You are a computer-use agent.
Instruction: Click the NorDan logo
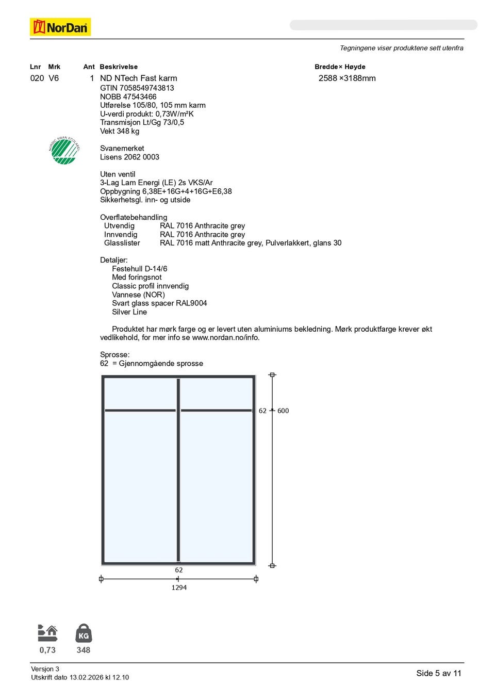[x=60, y=27]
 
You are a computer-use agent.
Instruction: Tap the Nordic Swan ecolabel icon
[x=64, y=151]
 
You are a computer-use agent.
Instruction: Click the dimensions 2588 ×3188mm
[x=347, y=78]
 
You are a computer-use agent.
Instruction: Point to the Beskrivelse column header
[x=119, y=67]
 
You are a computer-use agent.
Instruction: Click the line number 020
[x=37, y=78]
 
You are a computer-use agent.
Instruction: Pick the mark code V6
[x=54, y=78]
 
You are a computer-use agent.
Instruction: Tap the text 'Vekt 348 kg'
[x=120, y=131]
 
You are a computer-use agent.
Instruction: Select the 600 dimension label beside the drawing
[x=283, y=411]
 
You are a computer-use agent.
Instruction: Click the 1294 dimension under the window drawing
[x=179, y=588]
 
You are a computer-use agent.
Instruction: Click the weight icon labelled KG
[x=84, y=633]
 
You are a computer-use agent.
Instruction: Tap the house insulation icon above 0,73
[x=47, y=633]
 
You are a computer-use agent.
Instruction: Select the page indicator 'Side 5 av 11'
[x=439, y=673]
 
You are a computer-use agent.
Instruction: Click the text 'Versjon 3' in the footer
[x=45, y=669]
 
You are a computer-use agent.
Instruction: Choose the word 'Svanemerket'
[x=122, y=149]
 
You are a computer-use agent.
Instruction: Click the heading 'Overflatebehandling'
[x=134, y=217]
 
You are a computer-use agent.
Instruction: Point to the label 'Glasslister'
[x=122, y=243]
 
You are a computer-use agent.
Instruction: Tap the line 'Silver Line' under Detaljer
[x=129, y=312]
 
